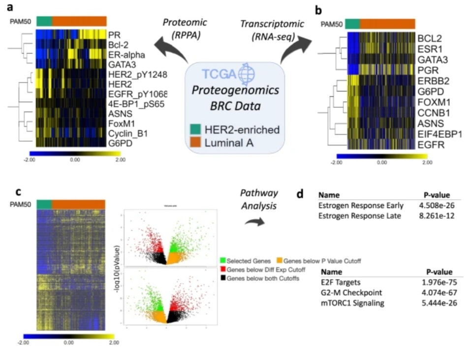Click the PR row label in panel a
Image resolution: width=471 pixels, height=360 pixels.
tap(114, 34)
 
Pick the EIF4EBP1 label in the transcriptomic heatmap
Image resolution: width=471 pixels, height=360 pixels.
tap(440, 133)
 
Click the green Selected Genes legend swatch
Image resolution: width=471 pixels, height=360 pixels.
tap(224, 259)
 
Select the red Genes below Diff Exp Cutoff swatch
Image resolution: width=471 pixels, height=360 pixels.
tap(224, 270)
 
